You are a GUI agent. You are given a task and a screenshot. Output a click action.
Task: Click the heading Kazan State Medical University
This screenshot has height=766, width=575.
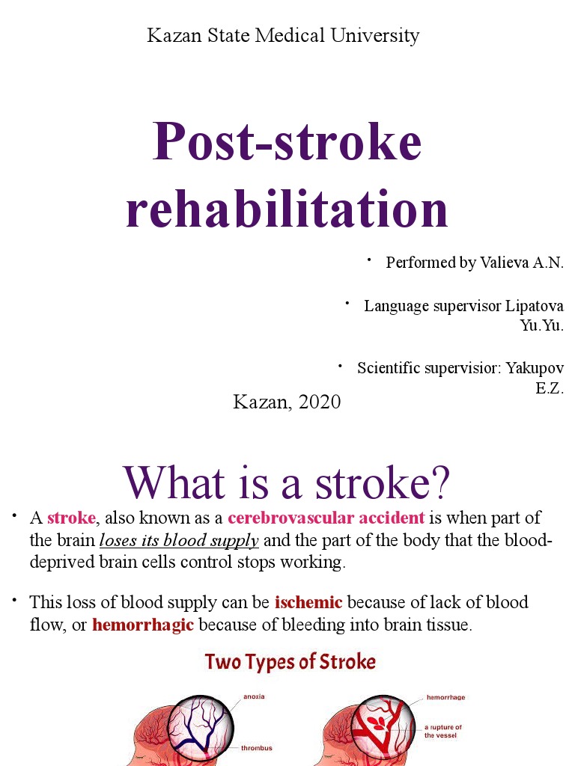[x=283, y=35]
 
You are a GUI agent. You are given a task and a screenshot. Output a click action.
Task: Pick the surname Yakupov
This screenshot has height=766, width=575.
[x=534, y=368]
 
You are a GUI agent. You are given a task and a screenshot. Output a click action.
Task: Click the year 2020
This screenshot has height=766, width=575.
[x=320, y=402]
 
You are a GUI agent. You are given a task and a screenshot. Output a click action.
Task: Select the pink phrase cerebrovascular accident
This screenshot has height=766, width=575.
[x=326, y=518]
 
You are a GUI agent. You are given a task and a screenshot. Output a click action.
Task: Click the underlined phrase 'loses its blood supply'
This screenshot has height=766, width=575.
[x=179, y=540]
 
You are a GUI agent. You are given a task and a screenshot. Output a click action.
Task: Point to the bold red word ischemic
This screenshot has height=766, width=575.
[x=308, y=602]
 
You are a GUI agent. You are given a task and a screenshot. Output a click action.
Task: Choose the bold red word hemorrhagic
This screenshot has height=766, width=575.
[x=143, y=625]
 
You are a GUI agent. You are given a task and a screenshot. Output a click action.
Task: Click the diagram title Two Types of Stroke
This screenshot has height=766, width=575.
[x=290, y=662]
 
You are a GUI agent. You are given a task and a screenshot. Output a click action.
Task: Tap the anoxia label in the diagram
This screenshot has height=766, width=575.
[x=253, y=696]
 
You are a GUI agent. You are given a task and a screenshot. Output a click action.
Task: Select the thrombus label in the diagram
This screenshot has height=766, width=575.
[x=256, y=747]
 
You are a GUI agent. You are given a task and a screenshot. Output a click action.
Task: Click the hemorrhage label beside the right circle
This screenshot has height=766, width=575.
[x=445, y=697]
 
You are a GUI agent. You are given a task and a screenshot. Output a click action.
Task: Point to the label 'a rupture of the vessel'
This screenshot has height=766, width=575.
[x=442, y=731]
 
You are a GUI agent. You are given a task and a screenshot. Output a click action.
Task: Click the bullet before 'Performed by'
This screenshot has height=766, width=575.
[x=368, y=260]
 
